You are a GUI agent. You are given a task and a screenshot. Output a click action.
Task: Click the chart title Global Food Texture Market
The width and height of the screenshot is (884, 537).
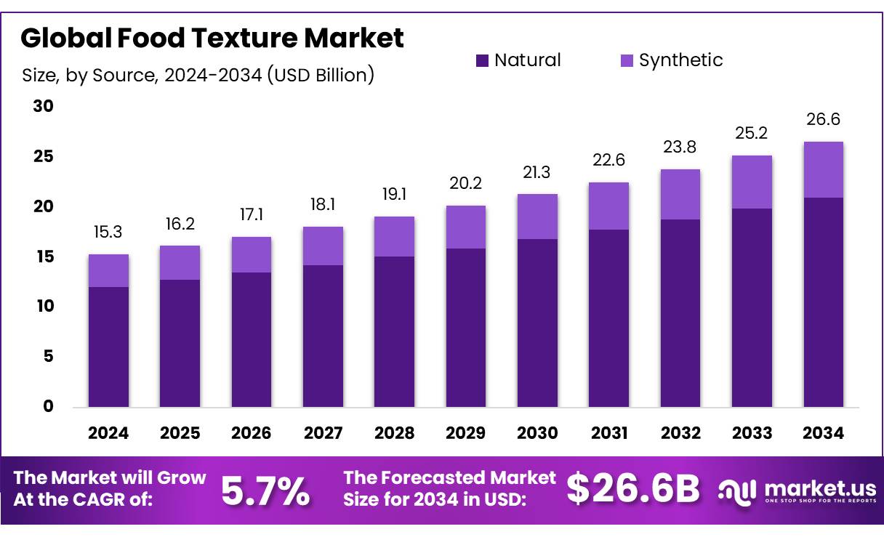click(212, 38)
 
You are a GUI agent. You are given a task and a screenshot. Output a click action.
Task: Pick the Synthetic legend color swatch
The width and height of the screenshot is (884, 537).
click(627, 60)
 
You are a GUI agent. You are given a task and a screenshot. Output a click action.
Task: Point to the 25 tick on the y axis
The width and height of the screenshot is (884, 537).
click(44, 157)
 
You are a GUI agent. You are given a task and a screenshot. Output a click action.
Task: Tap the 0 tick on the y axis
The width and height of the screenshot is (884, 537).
click(48, 406)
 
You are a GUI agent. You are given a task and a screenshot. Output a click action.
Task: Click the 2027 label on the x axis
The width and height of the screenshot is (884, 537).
click(323, 433)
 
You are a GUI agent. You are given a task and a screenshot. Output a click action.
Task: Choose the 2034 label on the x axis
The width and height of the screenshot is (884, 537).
click(823, 433)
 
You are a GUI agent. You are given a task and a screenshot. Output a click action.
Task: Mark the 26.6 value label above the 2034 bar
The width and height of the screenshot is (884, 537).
click(823, 120)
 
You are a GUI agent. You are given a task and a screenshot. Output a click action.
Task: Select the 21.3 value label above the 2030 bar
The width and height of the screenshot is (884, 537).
click(537, 173)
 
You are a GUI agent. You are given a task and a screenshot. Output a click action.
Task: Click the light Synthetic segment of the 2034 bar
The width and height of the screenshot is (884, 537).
click(823, 169)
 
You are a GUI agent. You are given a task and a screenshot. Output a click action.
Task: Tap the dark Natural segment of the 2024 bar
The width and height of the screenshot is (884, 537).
click(108, 347)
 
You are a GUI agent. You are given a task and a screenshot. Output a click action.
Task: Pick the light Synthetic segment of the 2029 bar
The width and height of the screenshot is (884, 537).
click(466, 227)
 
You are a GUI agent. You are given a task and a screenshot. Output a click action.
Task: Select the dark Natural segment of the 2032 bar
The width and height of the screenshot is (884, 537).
click(680, 312)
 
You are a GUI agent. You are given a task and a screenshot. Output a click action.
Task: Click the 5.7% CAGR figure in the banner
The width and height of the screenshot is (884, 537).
click(265, 490)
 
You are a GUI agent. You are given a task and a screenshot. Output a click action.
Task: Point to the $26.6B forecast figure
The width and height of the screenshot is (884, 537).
click(632, 489)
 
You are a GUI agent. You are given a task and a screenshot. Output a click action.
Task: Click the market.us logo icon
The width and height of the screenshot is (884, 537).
click(737, 490)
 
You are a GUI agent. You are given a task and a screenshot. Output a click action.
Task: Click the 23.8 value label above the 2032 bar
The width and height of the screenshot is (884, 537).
click(680, 148)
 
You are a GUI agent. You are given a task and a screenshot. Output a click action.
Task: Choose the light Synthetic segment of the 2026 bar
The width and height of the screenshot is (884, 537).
click(252, 254)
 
